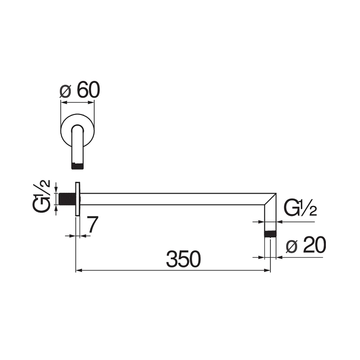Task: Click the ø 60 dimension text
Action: pyautogui.click(x=80, y=90)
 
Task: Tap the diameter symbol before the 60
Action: pyautogui.click(x=65, y=92)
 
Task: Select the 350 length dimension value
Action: pyautogui.click(x=183, y=260)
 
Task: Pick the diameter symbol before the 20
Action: pyautogui.click(x=292, y=247)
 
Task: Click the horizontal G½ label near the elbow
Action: pyautogui.click(x=300, y=208)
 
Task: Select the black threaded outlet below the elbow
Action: pyautogui.click(x=271, y=234)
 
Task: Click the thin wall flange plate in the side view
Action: pyautogui.click(x=78, y=199)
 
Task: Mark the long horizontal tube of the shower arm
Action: pyautogui.click(x=172, y=199)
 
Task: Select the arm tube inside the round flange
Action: pyautogui.click(x=78, y=144)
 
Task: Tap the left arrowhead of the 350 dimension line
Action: pyautogui.click(x=78, y=271)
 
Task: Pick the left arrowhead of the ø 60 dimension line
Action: pyautogui.click(x=63, y=103)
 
